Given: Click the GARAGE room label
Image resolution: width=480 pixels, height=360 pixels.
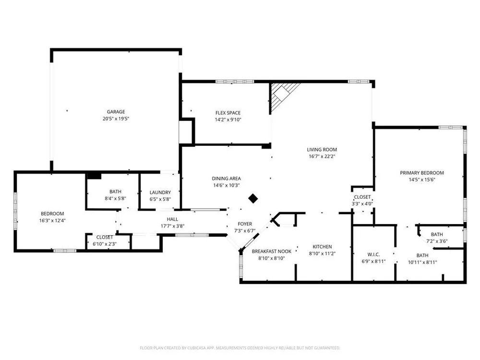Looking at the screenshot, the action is pyautogui.click(x=116, y=112).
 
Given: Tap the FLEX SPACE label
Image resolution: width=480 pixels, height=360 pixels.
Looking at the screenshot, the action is pyautogui.click(x=228, y=113).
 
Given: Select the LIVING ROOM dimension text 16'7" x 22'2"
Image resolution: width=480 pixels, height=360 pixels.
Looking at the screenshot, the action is pyautogui.click(x=322, y=156).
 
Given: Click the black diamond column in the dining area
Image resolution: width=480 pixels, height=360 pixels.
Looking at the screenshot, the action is pyautogui.click(x=253, y=198).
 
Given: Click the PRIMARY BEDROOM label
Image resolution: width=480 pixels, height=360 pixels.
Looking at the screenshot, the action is pyautogui.click(x=421, y=173).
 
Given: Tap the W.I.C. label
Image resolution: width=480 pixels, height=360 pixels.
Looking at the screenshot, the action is pyautogui.click(x=373, y=254).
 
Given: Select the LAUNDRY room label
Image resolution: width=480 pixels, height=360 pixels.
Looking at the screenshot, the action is pyautogui.click(x=160, y=192).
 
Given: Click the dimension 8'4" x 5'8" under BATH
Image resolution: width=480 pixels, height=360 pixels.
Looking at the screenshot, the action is pyautogui.click(x=115, y=198).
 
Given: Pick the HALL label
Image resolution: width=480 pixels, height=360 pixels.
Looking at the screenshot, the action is pyautogui.click(x=172, y=219).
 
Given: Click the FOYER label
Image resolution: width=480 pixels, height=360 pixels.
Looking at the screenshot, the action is pyautogui.click(x=245, y=224).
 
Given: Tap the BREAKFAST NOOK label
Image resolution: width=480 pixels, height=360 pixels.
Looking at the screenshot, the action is pyautogui.click(x=272, y=252).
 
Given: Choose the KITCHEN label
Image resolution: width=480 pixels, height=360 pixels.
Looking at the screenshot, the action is pyautogui.click(x=322, y=246).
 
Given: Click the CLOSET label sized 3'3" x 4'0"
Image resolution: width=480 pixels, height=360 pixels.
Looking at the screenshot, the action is pyautogui.click(x=362, y=197).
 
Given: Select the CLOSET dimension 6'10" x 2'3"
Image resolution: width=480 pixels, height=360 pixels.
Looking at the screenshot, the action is pyautogui.click(x=104, y=244).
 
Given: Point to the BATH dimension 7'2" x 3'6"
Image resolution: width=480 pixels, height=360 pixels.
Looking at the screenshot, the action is pyautogui.click(x=437, y=241).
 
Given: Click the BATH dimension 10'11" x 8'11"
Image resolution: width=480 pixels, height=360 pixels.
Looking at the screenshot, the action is pyautogui.click(x=422, y=262).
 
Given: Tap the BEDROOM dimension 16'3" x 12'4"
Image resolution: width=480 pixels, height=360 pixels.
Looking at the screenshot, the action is pyautogui.click(x=52, y=220).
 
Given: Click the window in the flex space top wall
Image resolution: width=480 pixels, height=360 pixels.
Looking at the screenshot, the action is pyautogui.click(x=235, y=82).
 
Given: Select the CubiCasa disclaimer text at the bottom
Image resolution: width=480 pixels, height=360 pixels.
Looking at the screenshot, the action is pyautogui.click(x=240, y=348).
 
